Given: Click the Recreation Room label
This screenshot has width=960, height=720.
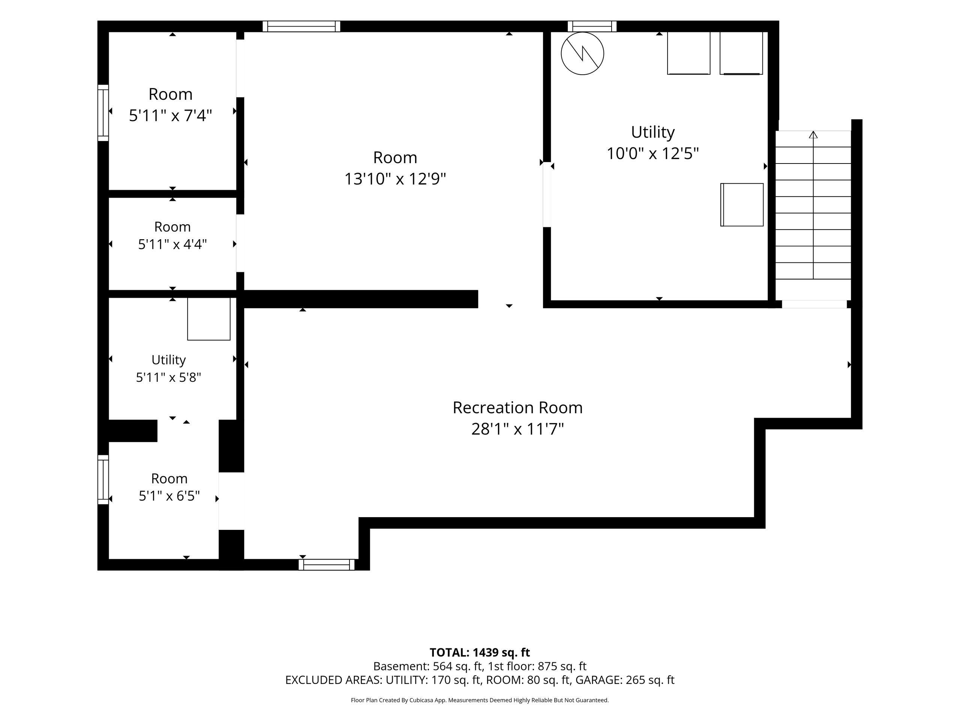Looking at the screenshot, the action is click(517, 408).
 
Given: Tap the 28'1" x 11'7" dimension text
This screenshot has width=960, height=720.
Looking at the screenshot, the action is click(517, 429).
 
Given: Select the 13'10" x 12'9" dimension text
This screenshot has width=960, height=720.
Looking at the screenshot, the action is click(395, 179).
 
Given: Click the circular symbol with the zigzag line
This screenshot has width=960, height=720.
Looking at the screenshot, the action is click(582, 53).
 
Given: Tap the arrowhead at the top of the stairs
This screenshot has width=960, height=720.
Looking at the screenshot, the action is click(813, 135).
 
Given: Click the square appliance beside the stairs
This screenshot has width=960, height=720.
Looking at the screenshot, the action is click(742, 204).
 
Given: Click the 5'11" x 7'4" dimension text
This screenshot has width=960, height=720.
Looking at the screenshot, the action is click(171, 116).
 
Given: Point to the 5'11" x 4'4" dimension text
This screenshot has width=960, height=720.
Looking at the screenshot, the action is click(172, 244).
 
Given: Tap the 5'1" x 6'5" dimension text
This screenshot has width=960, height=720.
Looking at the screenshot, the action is click(169, 496).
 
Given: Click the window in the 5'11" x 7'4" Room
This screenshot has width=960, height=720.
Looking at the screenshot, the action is click(103, 113).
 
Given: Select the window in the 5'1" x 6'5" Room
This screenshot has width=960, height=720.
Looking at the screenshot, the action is click(103, 480).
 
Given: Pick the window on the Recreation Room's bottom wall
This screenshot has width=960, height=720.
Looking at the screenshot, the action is click(326, 565).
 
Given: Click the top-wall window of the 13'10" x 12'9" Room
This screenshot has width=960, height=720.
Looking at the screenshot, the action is click(301, 27).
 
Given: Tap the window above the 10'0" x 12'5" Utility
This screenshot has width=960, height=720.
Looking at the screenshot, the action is click(592, 27).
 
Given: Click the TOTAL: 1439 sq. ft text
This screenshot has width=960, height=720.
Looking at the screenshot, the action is click(480, 652).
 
